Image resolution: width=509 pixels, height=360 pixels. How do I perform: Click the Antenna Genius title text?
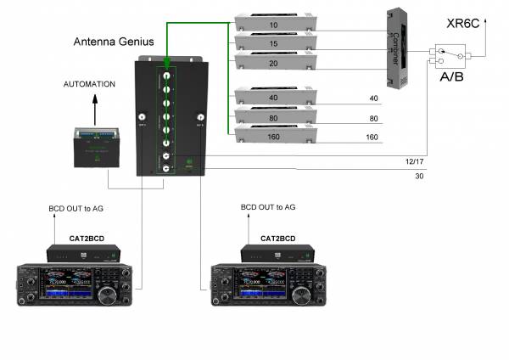coord(115,42)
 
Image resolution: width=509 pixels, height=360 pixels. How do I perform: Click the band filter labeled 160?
coord(273,134)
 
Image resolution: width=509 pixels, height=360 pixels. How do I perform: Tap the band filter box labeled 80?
coord(273,116)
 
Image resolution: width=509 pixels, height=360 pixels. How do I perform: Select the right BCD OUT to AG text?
coord(268,207)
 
